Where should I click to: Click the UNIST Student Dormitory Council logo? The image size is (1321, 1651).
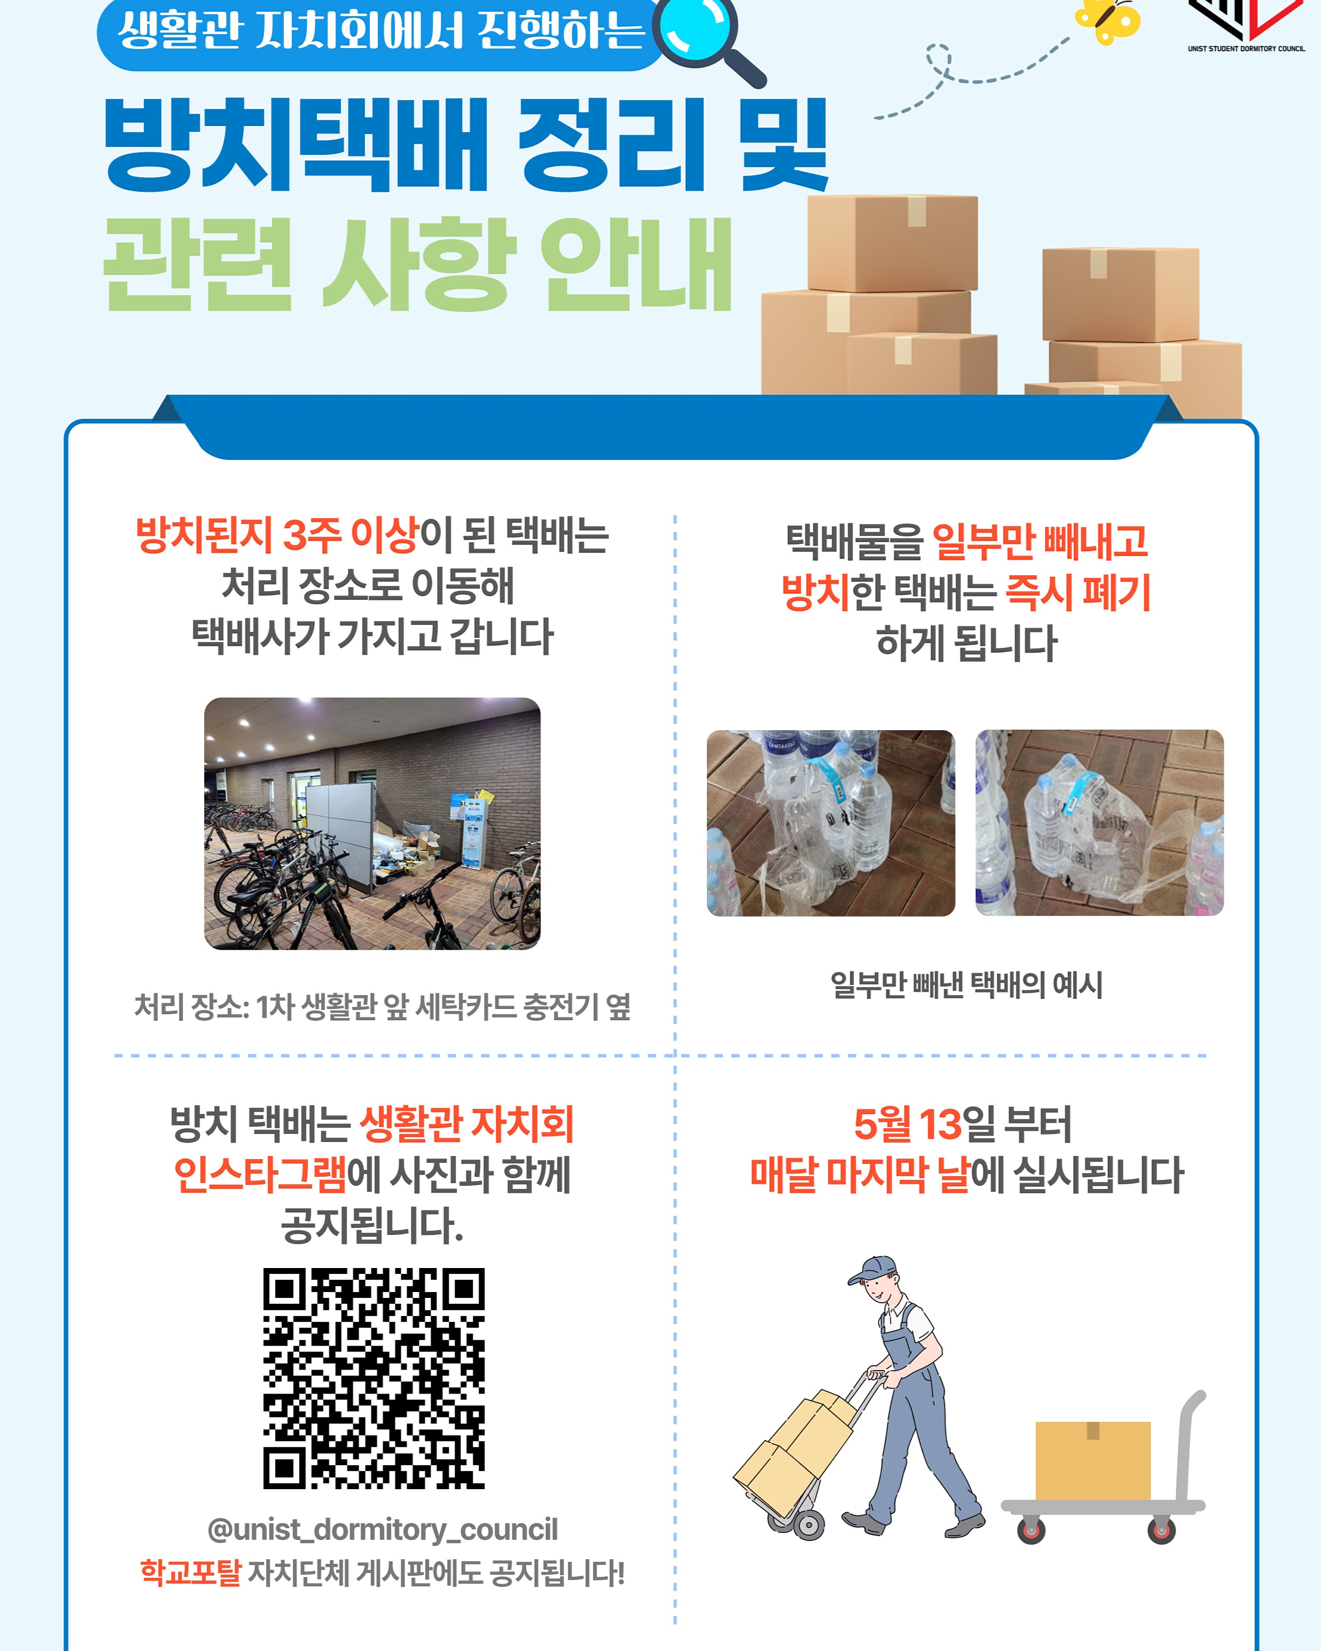(x=1246, y=25)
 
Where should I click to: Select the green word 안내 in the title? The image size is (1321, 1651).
(x=636, y=264)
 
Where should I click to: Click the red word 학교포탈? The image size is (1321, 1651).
(x=191, y=1573)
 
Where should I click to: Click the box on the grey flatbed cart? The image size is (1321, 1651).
(x=1093, y=1460)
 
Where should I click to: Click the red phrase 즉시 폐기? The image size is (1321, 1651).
(x=1077, y=592)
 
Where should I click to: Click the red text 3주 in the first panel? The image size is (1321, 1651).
(x=311, y=535)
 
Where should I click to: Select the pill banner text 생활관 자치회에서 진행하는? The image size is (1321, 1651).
(x=381, y=30)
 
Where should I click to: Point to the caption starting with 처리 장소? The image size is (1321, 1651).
(x=382, y=1006)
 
